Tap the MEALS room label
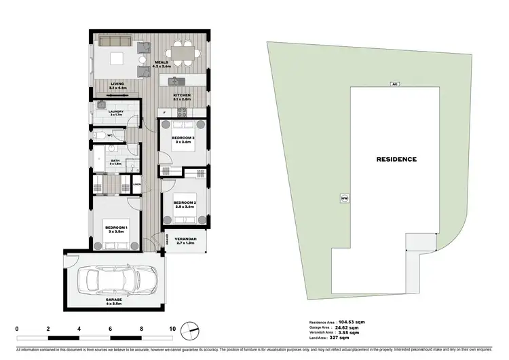click(161, 62)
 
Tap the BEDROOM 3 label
click(183, 138)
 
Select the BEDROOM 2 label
click(184, 203)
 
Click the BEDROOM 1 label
click(114, 228)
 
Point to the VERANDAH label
click(186, 238)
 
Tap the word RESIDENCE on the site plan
click(396, 159)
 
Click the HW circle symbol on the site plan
click(345, 199)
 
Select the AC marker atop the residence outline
click(394, 84)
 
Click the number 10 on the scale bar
click(172, 329)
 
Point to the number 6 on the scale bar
click(111, 329)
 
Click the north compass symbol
click(193, 329)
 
